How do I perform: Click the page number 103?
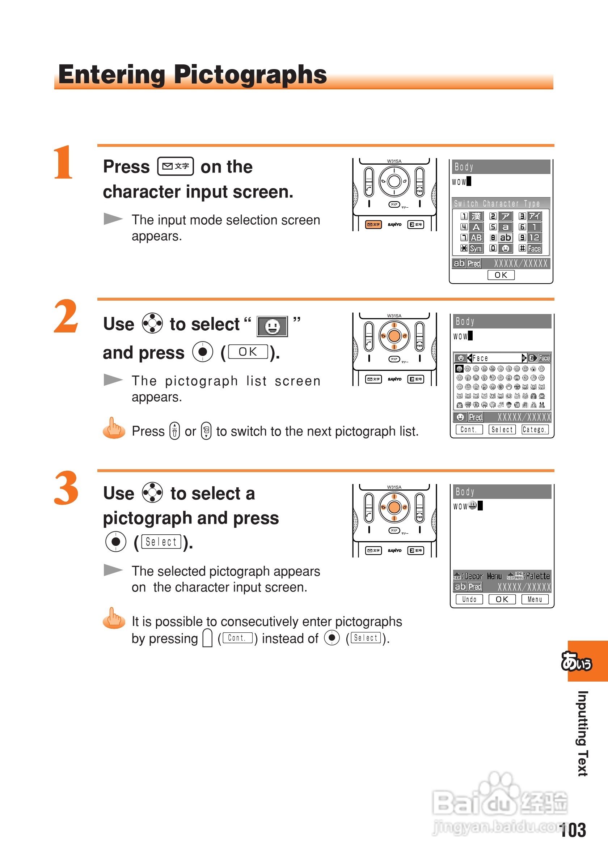point(573,830)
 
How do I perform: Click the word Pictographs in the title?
point(250,75)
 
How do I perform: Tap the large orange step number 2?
point(66,316)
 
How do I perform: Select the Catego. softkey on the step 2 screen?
point(535,429)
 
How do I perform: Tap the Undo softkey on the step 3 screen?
point(469,599)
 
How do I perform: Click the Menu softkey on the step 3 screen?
point(535,599)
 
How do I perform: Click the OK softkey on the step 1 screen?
point(501,275)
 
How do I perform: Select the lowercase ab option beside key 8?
point(505,237)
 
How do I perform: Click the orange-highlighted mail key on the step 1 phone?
point(373,224)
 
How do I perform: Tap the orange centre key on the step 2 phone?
point(394,336)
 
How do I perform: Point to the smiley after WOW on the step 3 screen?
point(473,505)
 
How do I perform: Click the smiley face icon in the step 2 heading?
point(272,326)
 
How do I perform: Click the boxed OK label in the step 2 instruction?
point(248,352)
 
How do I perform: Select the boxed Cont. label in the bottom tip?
point(237,638)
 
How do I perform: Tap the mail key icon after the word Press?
point(176,166)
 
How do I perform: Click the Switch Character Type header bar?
point(501,203)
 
